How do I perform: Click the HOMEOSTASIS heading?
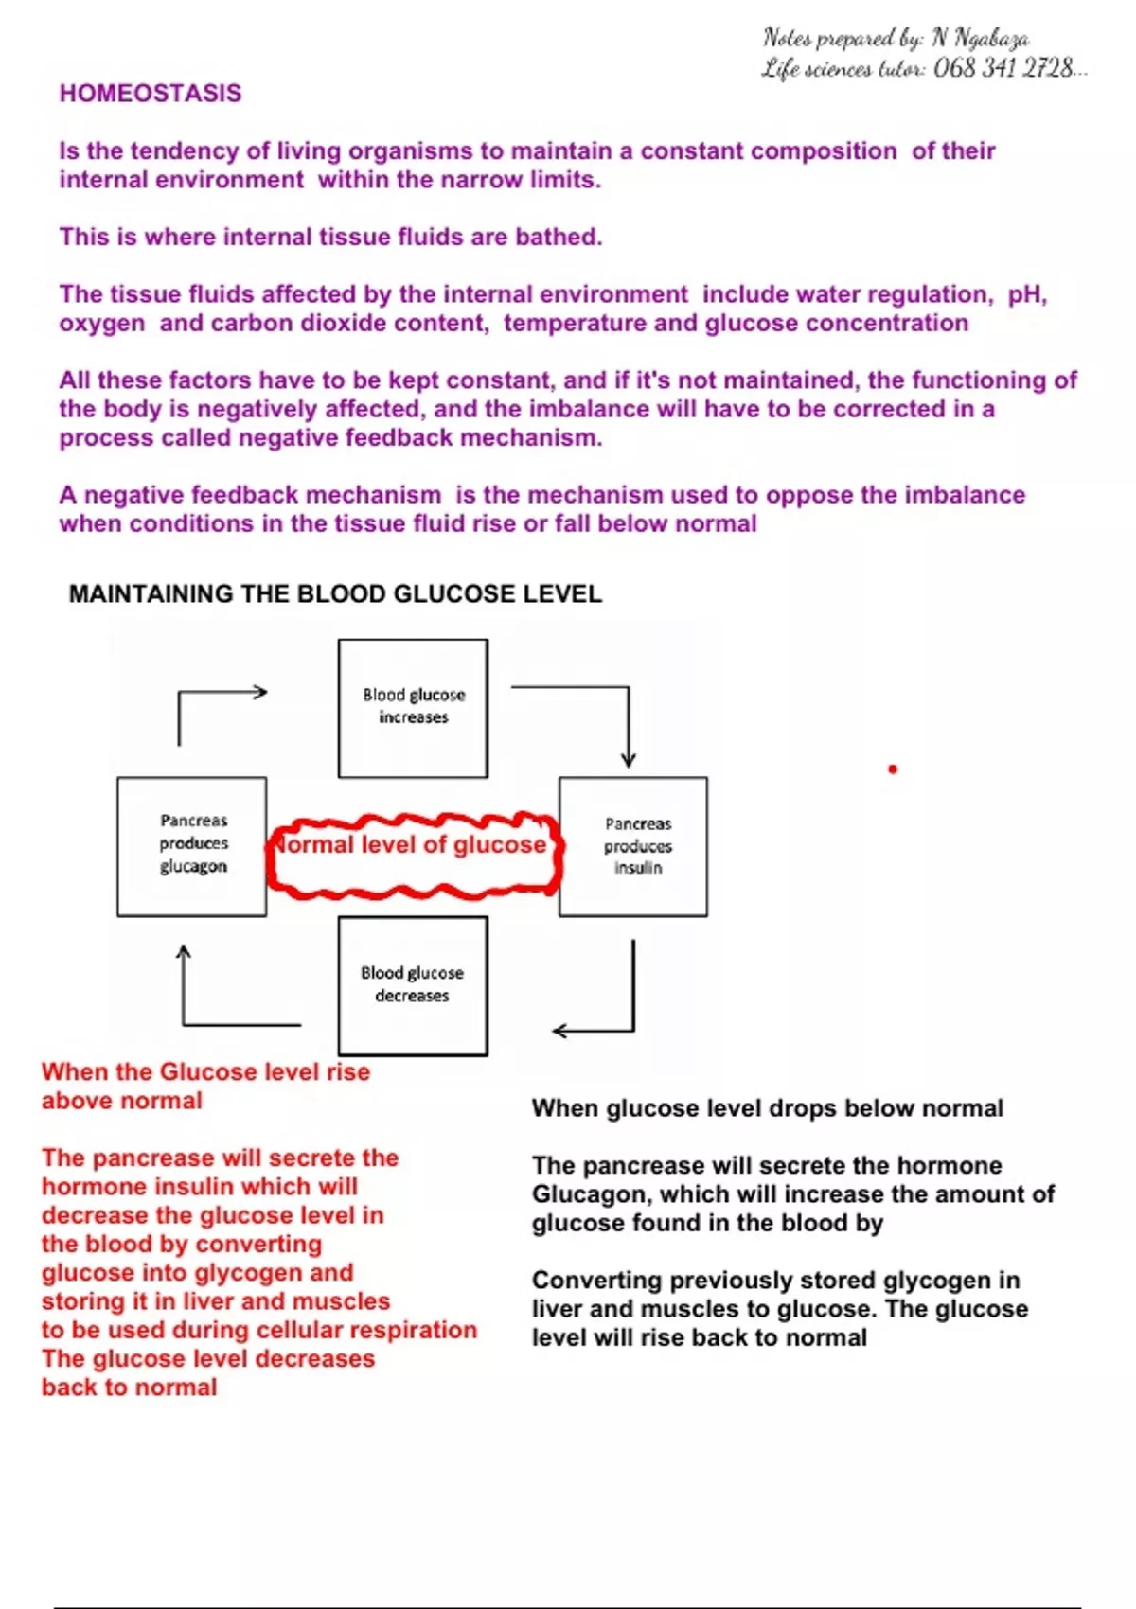pyautogui.click(x=151, y=93)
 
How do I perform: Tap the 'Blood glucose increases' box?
pyautogui.click(x=413, y=707)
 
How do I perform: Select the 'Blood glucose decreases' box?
pyautogui.click(x=413, y=985)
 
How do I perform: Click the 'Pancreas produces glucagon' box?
pyautogui.click(x=192, y=846)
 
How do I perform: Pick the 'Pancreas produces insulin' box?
pyautogui.click(x=633, y=846)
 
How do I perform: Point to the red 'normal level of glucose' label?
pyautogui.click(x=413, y=845)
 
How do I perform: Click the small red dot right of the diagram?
pyautogui.click(x=893, y=769)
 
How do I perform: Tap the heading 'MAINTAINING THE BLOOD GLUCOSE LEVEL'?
pyautogui.click(x=335, y=594)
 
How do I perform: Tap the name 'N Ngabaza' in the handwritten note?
pyautogui.click(x=981, y=38)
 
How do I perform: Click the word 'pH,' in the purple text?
pyautogui.click(x=1027, y=294)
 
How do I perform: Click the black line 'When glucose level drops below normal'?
pyautogui.click(x=767, y=1108)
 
